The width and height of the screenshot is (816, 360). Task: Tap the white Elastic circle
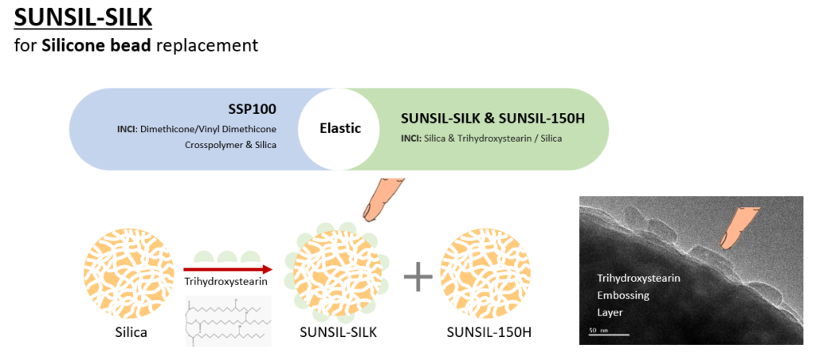click(341, 127)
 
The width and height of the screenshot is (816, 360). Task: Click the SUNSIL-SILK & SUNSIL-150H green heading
click(493, 119)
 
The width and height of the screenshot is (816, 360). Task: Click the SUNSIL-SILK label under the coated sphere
click(336, 331)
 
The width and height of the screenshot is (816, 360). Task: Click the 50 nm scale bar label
click(598, 327)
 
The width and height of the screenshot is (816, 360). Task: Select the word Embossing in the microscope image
click(623, 295)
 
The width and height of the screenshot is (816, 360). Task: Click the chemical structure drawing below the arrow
click(228, 320)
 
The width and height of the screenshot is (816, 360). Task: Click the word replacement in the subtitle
click(207, 45)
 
